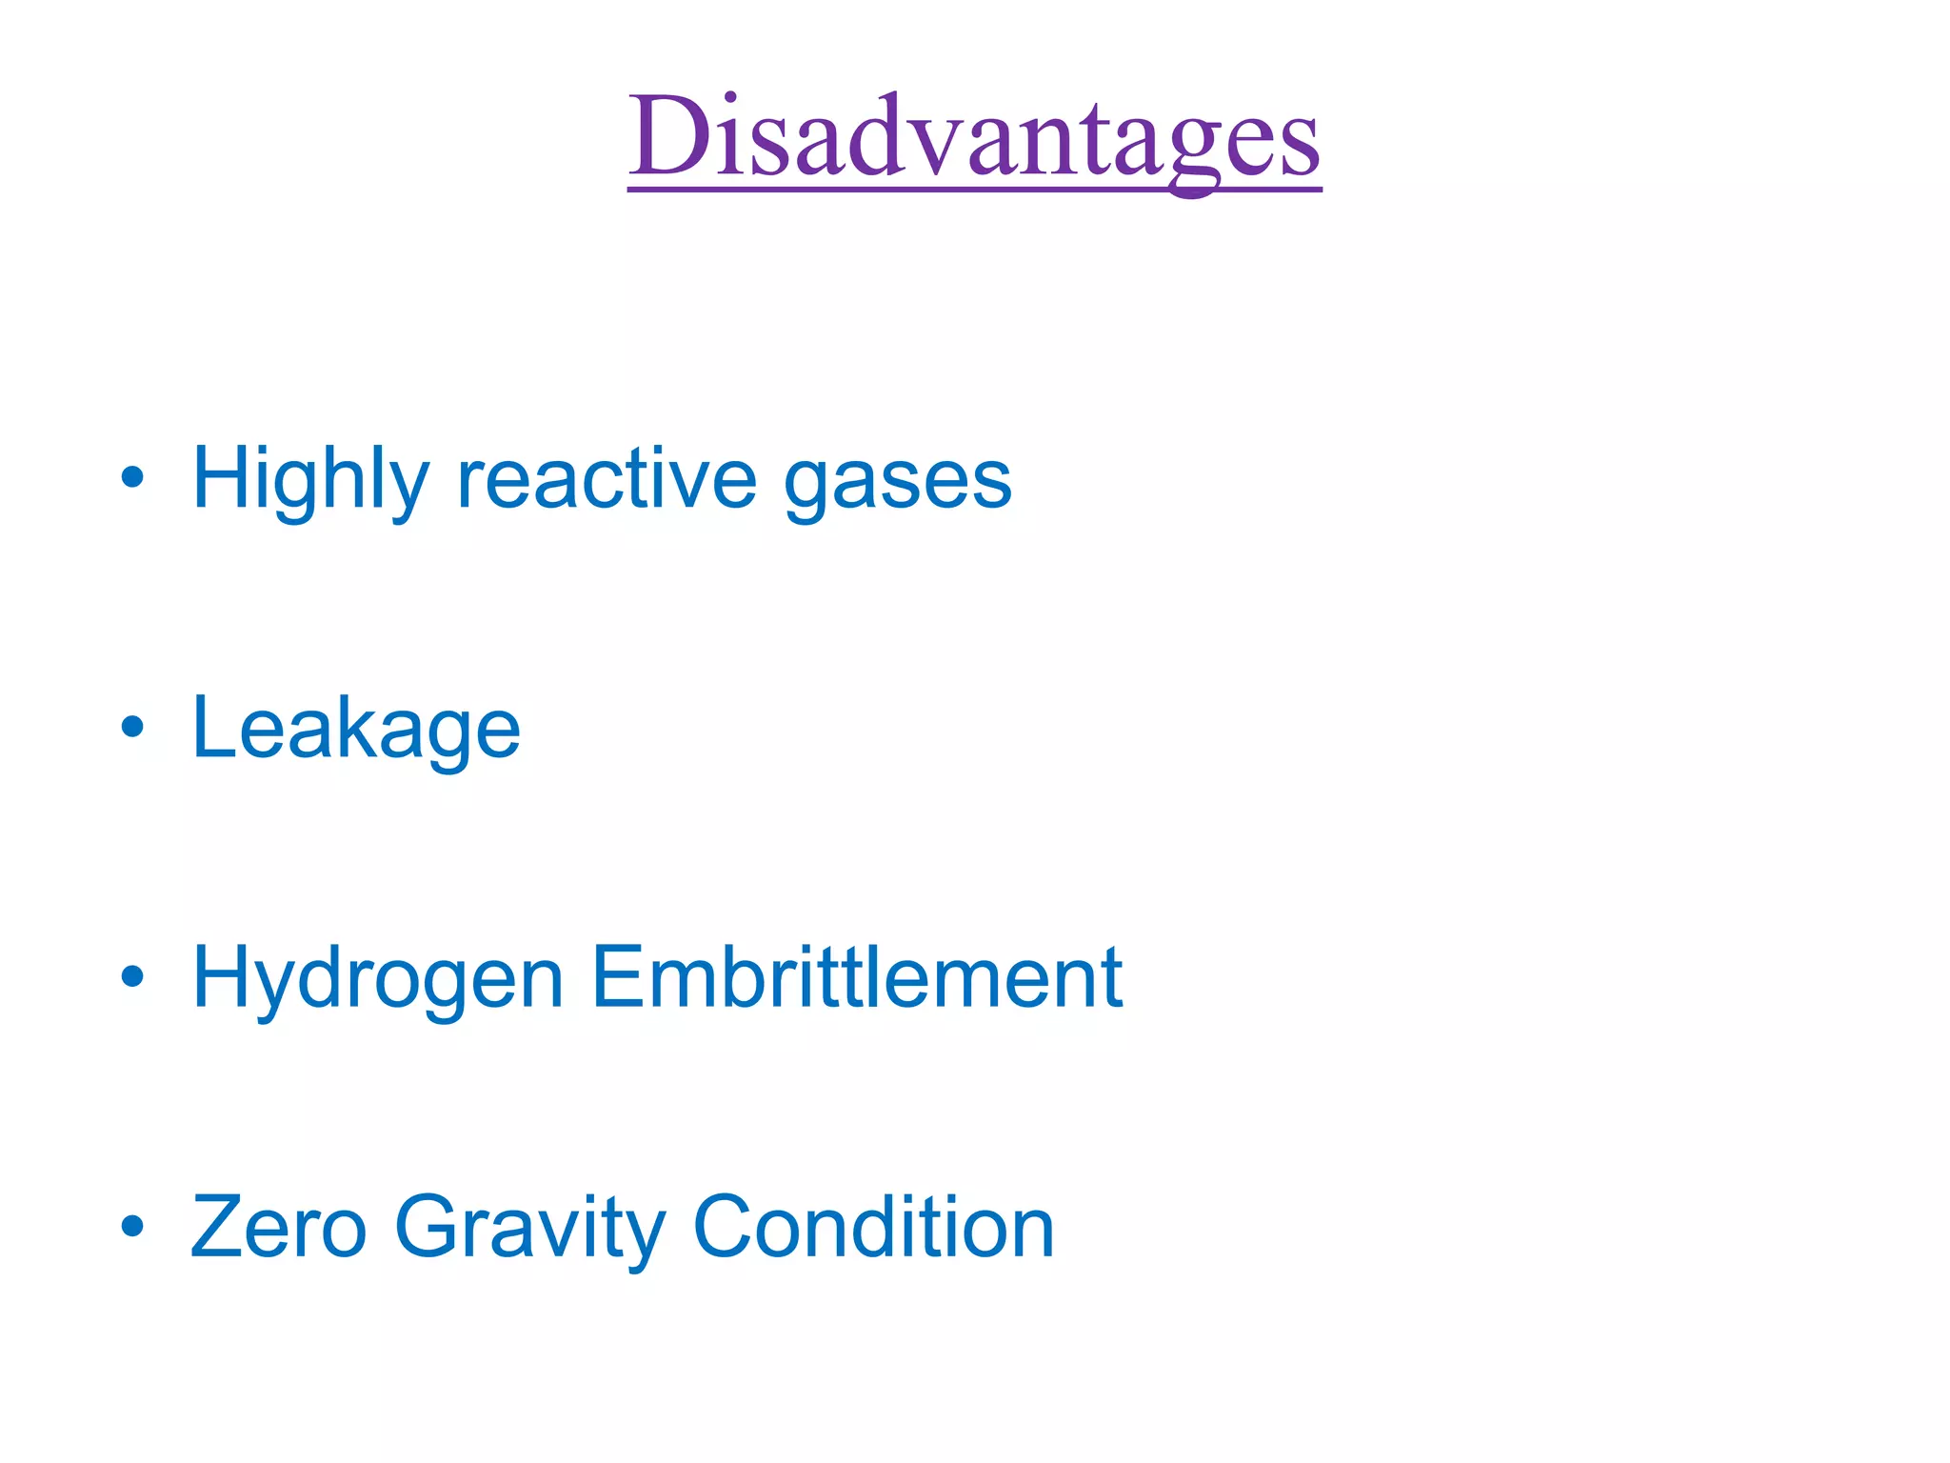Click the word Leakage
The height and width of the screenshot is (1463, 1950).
point(356,730)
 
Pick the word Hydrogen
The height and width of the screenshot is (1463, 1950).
point(378,979)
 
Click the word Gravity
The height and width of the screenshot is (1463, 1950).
point(529,1229)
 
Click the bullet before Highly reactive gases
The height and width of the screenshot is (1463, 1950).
point(132,477)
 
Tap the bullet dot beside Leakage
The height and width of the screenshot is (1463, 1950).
point(132,727)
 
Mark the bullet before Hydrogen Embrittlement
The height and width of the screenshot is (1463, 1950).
point(132,976)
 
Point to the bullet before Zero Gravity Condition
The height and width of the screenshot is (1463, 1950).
point(132,1227)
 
